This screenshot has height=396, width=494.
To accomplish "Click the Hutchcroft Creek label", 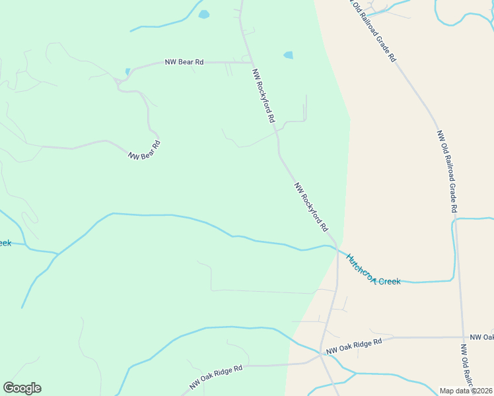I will click(373, 271).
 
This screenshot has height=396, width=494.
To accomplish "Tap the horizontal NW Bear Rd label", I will click(184, 62).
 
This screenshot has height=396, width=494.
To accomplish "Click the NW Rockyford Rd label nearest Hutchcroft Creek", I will click(311, 207).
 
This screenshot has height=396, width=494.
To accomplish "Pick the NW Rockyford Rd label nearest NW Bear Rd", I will click(263, 95).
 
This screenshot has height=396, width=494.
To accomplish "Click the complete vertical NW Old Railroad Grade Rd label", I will click(446, 170).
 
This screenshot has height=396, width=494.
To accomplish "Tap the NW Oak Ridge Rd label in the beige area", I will click(354, 345).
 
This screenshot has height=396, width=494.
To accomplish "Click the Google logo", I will click(22, 388).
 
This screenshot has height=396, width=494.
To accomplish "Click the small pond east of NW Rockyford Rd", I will click(288, 55).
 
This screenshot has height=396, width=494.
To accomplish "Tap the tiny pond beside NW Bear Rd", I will click(127, 71).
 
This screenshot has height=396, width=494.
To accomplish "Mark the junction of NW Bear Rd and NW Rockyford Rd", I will click(250, 63).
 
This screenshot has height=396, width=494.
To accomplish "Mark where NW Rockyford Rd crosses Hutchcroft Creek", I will click(336, 249).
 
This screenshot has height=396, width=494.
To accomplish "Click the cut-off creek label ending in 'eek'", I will click(5, 243).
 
